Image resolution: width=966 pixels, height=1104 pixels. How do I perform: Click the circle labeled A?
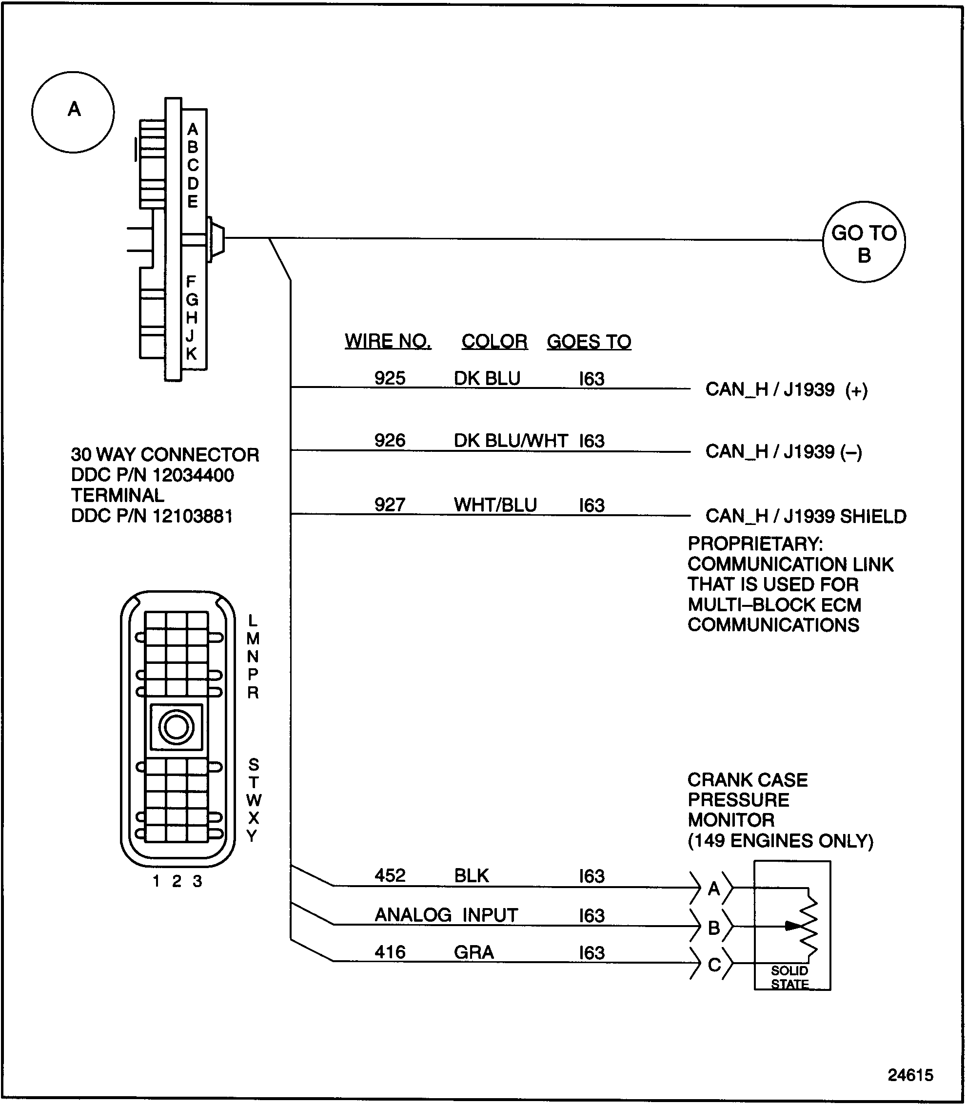pyautogui.click(x=73, y=112)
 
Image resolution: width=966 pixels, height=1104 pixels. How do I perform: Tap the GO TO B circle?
pyautogui.click(x=864, y=242)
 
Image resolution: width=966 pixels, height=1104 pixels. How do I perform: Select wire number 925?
pyautogui.click(x=389, y=378)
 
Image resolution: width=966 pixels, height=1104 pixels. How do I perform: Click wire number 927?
pyautogui.click(x=389, y=505)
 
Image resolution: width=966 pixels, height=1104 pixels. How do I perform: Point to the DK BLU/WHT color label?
pyautogui.click(x=511, y=441)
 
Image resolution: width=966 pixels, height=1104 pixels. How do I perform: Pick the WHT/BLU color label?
pyautogui.click(x=495, y=505)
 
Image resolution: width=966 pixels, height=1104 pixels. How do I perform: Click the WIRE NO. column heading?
pyautogui.click(x=388, y=341)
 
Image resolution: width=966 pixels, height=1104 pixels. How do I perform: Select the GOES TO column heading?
pyautogui.click(x=589, y=342)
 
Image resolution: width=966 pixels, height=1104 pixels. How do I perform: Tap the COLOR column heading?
pyautogui.click(x=494, y=342)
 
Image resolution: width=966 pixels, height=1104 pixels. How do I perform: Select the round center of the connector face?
pyautogui.click(x=176, y=727)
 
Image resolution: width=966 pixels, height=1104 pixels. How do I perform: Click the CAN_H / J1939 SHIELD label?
pyautogui.click(x=806, y=516)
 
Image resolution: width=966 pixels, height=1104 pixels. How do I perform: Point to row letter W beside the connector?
pyautogui.click(x=254, y=800)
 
